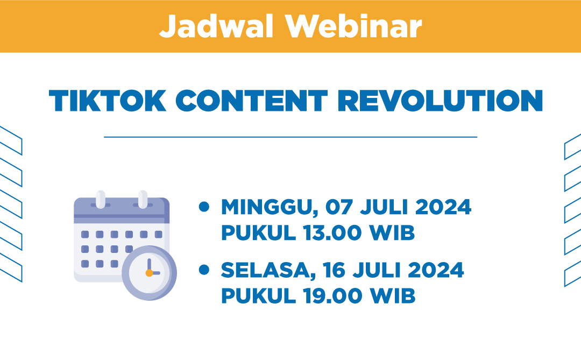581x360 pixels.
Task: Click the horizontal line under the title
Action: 290,137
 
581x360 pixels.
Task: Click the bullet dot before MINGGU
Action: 204,207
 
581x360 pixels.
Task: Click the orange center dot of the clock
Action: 149,273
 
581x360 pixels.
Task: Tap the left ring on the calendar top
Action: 100,199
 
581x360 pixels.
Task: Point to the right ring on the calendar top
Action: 143,199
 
